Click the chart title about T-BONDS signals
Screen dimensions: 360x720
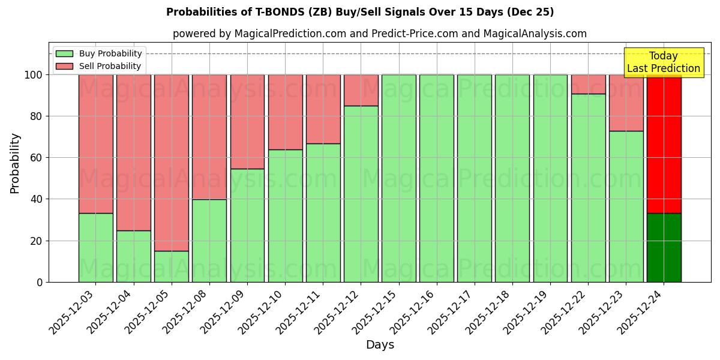360,12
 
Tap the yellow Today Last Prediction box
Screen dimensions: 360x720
664,62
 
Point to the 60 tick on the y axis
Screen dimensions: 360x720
37,158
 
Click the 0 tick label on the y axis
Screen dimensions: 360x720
40,282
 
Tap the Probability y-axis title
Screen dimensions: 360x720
15,163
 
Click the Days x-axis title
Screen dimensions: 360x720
380,345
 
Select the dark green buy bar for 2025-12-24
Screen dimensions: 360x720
664,247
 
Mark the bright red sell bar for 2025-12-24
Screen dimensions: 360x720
664,144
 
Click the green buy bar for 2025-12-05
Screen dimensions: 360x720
172,266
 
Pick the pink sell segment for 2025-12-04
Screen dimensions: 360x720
133,152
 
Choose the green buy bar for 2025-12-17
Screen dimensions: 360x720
474,178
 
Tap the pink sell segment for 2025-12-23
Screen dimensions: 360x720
626,103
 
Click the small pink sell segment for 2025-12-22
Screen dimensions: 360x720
588,84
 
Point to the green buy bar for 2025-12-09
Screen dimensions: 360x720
247,225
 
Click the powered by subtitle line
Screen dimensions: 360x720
379,34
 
